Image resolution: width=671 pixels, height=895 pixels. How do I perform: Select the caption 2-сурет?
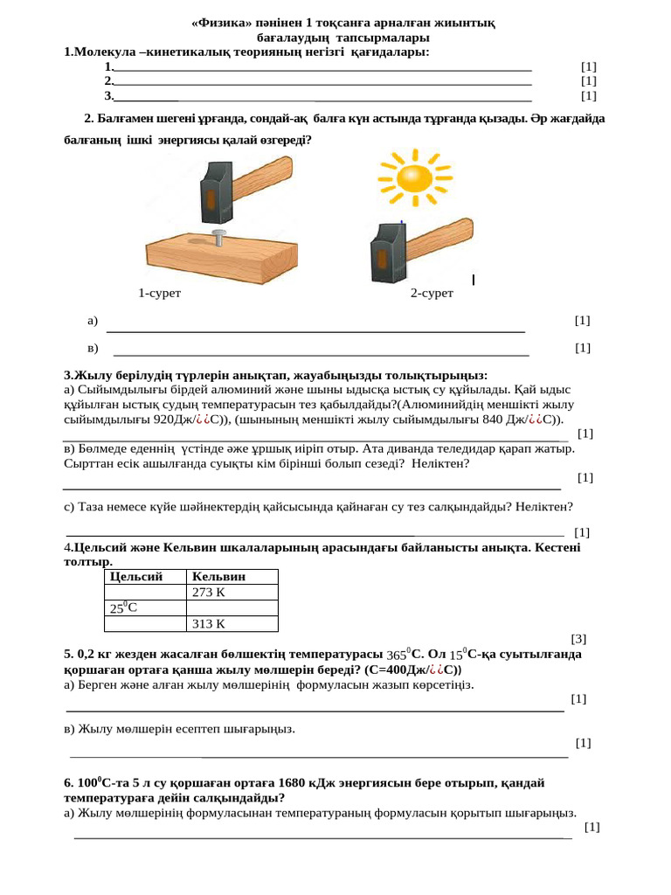pyautogui.click(x=432, y=294)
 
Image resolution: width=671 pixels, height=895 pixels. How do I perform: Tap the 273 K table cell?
pyautogui.click(x=209, y=593)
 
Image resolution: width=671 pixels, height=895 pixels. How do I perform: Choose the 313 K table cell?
pyautogui.click(x=209, y=624)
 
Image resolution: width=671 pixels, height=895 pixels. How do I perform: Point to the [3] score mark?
pyautogui.click(x=578, y=639)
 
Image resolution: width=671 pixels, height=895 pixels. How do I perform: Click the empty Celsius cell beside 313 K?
pyautogui.click(x=144, y=624)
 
